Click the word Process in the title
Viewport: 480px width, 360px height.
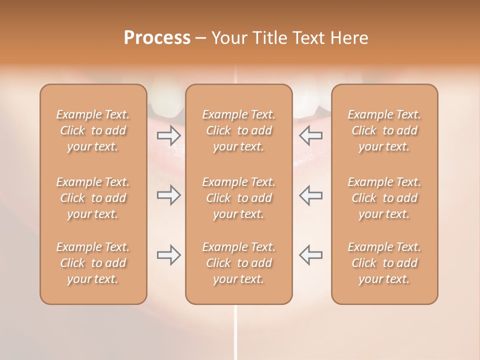[157, 38]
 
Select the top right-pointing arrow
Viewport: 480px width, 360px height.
[168, 135]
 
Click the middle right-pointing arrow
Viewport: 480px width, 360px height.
[168, 195]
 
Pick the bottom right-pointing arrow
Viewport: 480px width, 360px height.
[168, 255]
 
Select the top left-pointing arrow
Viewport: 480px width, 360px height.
[310, 135]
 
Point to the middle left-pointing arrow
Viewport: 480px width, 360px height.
[310, 195]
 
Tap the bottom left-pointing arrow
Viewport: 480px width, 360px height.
[310, 255]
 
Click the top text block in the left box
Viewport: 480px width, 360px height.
[93, 130]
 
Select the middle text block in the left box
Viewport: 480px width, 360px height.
[93, 198]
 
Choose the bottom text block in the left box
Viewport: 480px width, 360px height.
[93, 263]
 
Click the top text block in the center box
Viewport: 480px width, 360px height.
[239, 130]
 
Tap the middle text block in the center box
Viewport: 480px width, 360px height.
[239, 198]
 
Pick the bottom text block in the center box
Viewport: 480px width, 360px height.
[239, 263]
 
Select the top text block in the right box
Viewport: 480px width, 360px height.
[384, 130]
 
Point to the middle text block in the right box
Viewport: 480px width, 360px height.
[384, 198]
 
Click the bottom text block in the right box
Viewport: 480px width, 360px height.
[384, 263]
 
